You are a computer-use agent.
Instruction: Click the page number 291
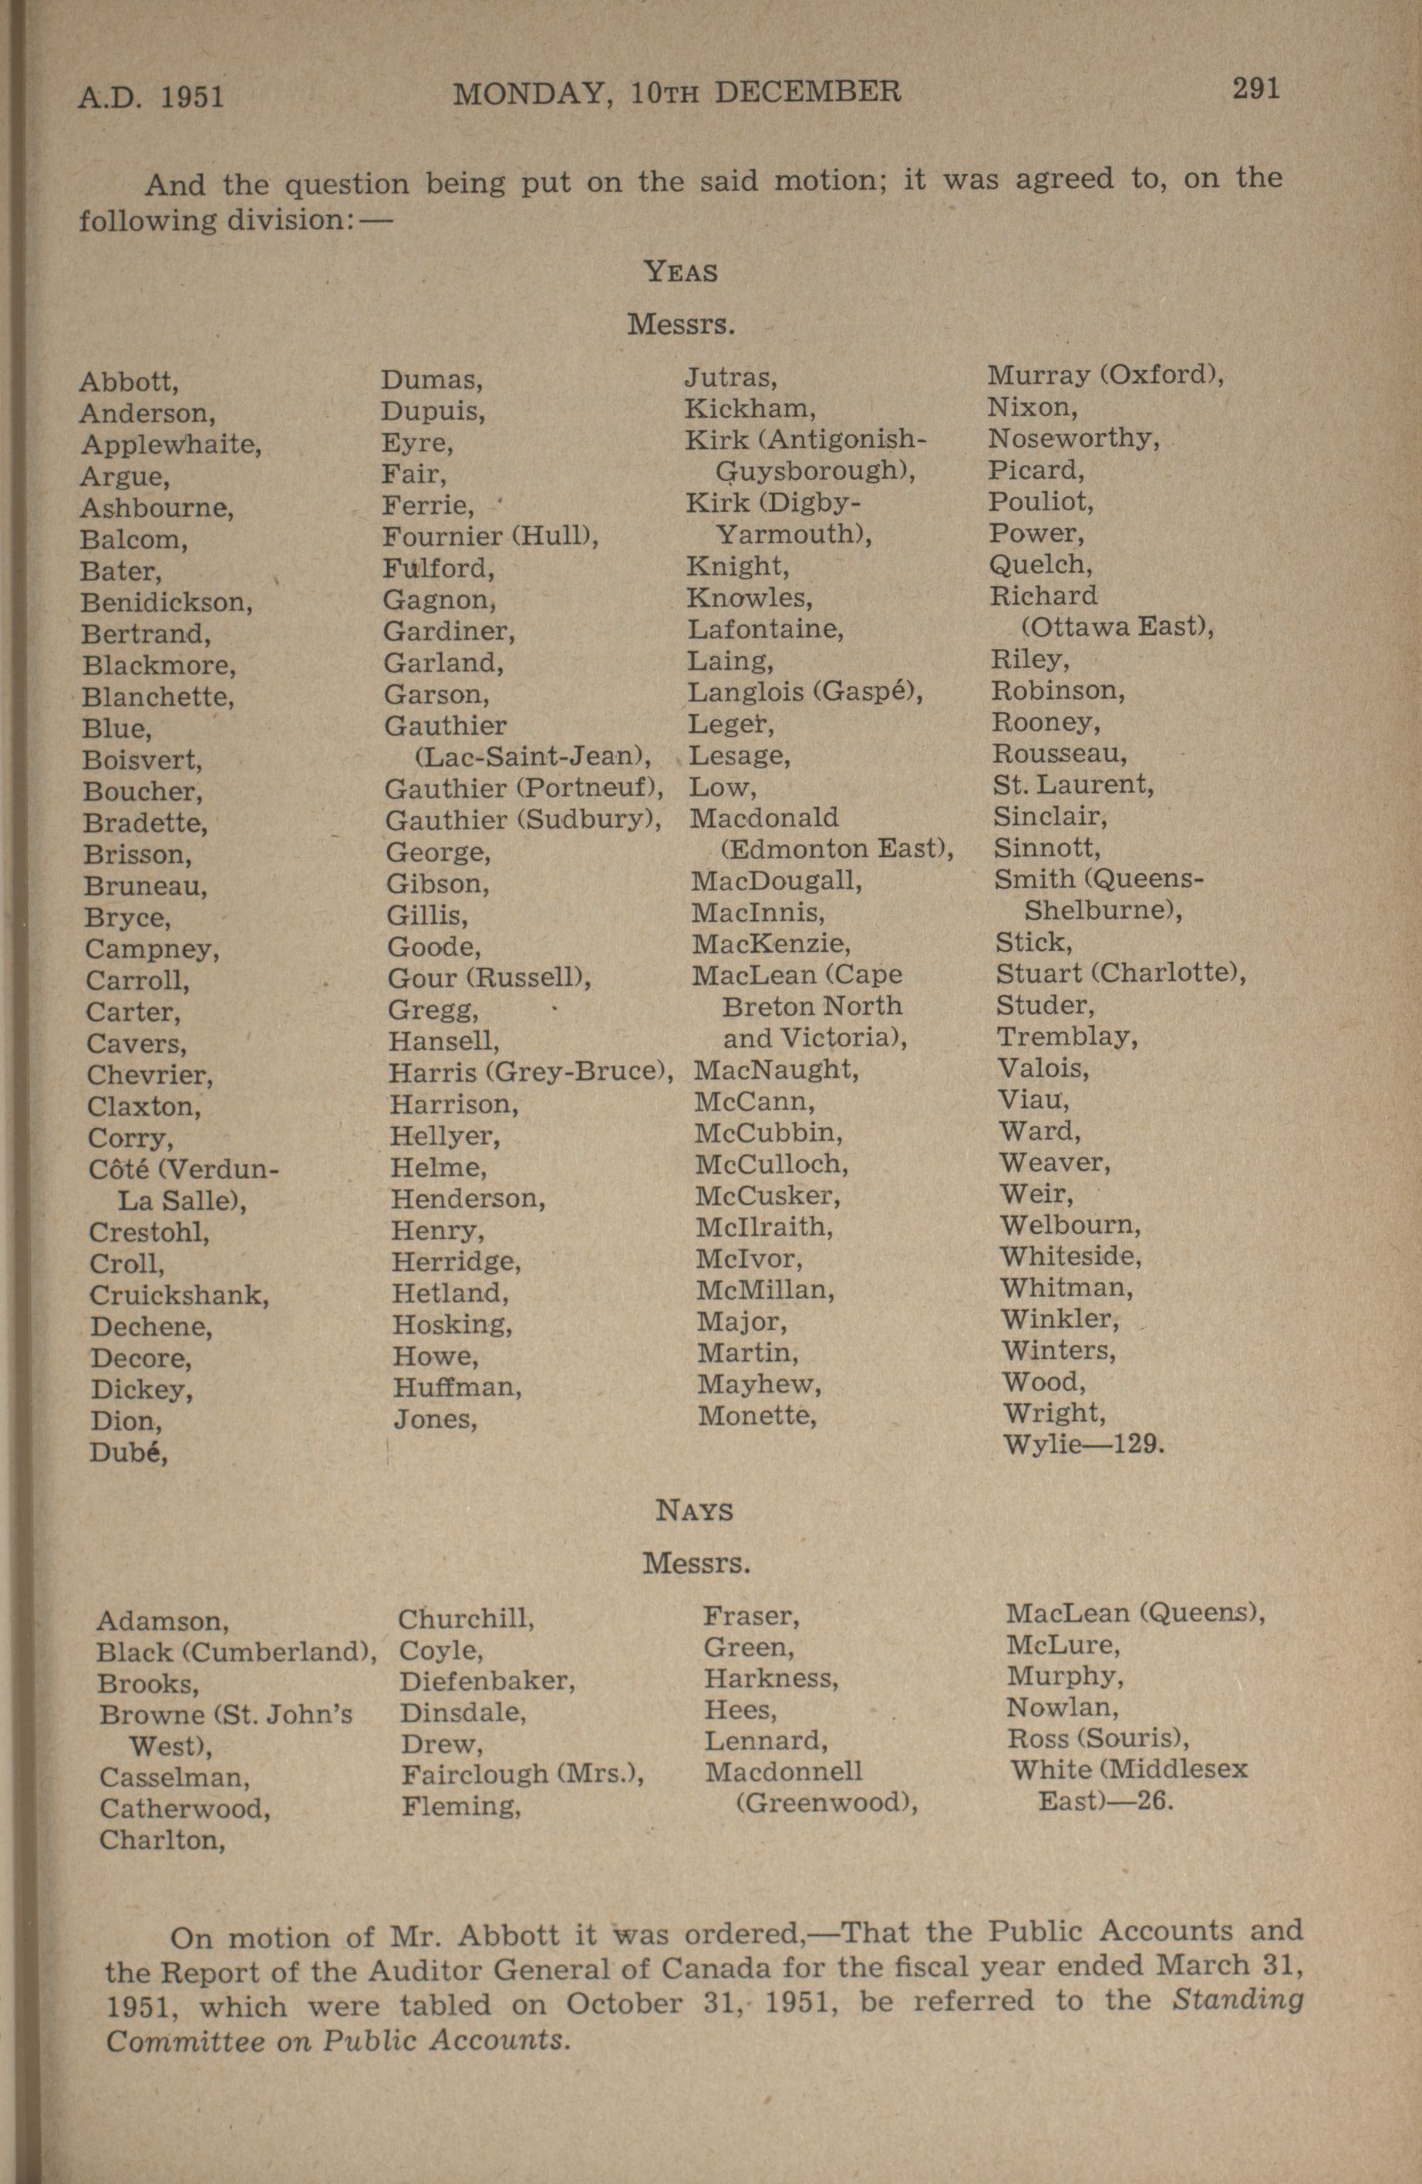[1255, 89]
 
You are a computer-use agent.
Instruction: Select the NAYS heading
[694, 1510]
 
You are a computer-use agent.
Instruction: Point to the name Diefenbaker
[487, 1680]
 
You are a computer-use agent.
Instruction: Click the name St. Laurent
[1072, 785]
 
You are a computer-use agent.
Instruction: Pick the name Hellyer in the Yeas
[444, 1136]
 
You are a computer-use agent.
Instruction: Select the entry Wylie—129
[1083, 1444]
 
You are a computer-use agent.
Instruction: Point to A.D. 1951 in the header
[151, 96]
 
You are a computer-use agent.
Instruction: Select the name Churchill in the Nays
[466, 1618]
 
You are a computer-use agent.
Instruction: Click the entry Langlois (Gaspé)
[805, 692]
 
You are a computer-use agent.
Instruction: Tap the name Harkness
[771, 1678]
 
